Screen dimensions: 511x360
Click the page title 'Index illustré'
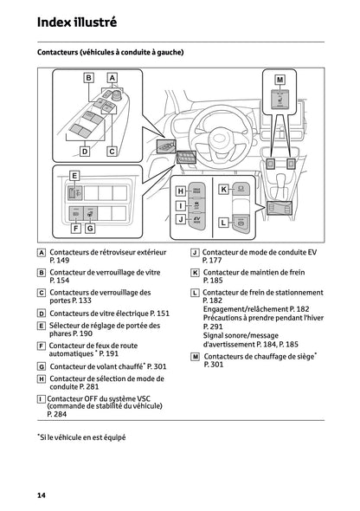(x=77, y=21)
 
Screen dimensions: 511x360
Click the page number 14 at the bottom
(x=41, y=495)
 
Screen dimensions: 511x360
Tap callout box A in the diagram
(x=112, y=77)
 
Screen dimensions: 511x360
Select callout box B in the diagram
(x=89, y=77)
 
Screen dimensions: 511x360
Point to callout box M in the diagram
(x=280, y=79)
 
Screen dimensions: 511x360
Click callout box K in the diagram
(x=222, y=188)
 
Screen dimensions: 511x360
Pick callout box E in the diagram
(x=74, y=176)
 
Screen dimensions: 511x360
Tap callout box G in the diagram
(x=90, y=229)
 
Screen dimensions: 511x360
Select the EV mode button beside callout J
(x=197, y=221)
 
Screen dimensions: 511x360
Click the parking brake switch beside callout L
(x=244, y=223)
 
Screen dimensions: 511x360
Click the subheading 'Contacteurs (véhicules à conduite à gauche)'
(x=110, y=53)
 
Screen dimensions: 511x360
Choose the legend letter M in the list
(x=195, y=356)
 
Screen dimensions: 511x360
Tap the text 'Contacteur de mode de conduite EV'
(x=254, y=251)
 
